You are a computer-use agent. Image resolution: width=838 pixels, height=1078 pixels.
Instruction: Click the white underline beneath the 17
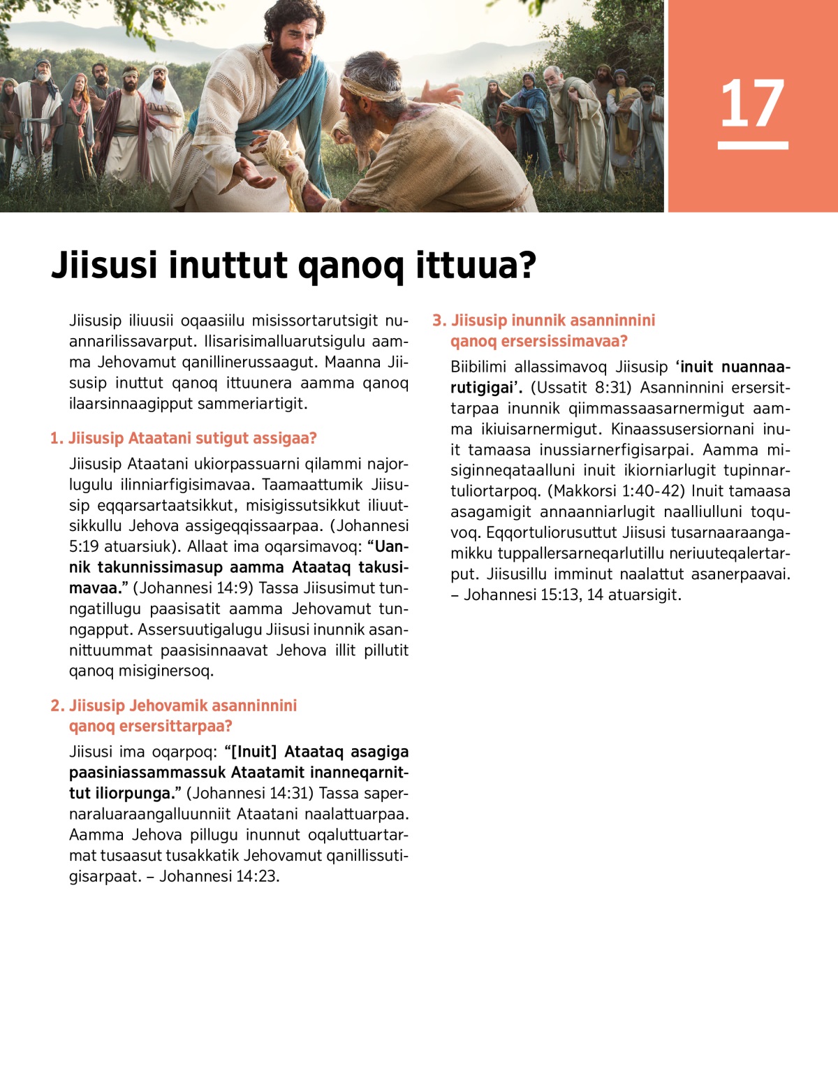coord(753,145)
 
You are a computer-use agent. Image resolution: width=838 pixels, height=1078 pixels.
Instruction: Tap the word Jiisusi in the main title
coord(101,265)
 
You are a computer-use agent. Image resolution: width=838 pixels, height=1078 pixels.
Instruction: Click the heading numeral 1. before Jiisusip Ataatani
coord(57,438)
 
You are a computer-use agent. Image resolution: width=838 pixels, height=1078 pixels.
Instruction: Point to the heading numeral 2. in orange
coord(57,706)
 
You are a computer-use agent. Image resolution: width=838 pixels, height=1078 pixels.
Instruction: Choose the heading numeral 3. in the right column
coord(439,321)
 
